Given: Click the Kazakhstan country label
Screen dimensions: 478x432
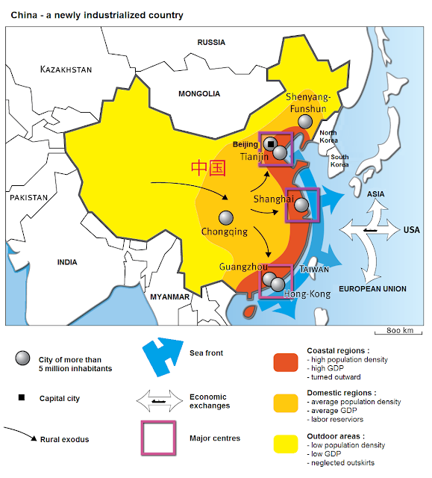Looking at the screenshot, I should pyautogui.click(x=66, y=69).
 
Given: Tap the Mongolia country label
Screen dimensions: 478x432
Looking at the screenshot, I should pyautogui.click(x=199, y=94).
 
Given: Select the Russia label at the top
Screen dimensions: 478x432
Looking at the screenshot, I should pyautogui.click(x=211, y=43).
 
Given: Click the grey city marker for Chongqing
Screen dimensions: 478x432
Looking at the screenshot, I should pyautogui.click(x=225, y=217).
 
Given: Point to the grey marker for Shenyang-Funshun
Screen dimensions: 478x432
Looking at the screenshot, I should pyautogui.click(x=304, y=122).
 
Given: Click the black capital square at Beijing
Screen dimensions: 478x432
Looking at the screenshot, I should pyautogui.click(x=271, y=143).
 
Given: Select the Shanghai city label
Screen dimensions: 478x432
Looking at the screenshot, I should pyautogui.click(x=272, y=199).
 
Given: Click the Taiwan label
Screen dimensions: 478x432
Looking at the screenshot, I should pyautogui.click(x=314, y=270).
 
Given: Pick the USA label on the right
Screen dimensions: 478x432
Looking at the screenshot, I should pyautogui.click(x=412, y=230).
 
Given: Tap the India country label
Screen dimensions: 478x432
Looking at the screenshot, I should pyautogui.click(x=67, y=262).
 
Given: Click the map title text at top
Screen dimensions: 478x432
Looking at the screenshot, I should pyautogui.click(x=97, y=15).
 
